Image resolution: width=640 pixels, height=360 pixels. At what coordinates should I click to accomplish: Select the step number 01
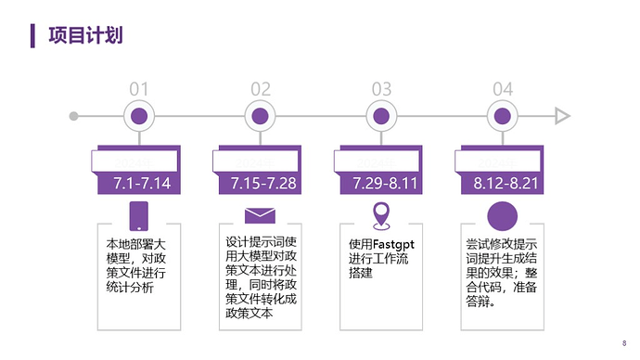click(139, 89)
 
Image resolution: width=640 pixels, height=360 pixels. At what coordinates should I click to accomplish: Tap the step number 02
click(261, 89)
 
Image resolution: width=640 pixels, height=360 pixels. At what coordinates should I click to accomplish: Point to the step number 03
click(381, 89)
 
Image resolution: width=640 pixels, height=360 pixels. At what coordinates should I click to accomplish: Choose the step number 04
click(503, 89)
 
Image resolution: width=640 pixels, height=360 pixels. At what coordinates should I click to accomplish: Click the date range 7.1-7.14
click(143, 183)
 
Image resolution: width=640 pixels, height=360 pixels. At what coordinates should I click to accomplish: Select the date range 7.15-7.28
click(264, 183)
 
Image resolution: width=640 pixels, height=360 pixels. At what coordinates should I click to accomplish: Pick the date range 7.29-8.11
click(385, 183)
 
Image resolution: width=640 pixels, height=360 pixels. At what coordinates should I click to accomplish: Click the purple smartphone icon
click(139, 216)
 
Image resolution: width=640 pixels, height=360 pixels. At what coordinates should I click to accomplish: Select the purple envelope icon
click(261, 216)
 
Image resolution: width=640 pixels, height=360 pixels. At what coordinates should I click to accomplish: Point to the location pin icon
click(381, 215)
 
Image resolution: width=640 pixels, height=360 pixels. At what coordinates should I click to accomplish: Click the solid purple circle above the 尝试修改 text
click(502, 216)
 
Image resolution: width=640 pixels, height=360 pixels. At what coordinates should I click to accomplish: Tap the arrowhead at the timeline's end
click(562, 116)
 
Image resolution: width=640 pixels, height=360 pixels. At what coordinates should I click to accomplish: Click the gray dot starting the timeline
click(74, 116)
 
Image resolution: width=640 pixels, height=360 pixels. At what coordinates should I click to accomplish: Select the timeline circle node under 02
click(261, 116)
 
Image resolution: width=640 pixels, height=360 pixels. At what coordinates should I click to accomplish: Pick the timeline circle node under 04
click(503, 116)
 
